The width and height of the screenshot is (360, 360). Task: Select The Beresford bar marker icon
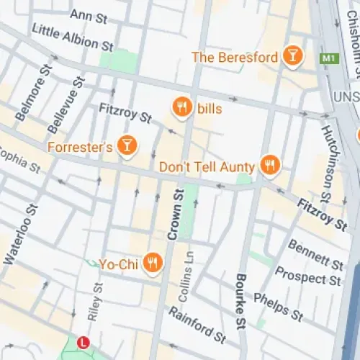point(292,56)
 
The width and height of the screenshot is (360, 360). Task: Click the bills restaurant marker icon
point(183,108)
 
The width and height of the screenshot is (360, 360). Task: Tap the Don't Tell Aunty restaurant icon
point(270,166)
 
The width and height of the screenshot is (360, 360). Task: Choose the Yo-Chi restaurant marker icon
point(152,264)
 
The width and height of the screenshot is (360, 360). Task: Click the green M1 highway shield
point(330,58)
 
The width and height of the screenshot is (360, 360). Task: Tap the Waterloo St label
point(20,235)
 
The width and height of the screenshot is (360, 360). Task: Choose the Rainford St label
point(197,325)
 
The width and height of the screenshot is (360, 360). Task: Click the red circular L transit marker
point(84,342)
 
